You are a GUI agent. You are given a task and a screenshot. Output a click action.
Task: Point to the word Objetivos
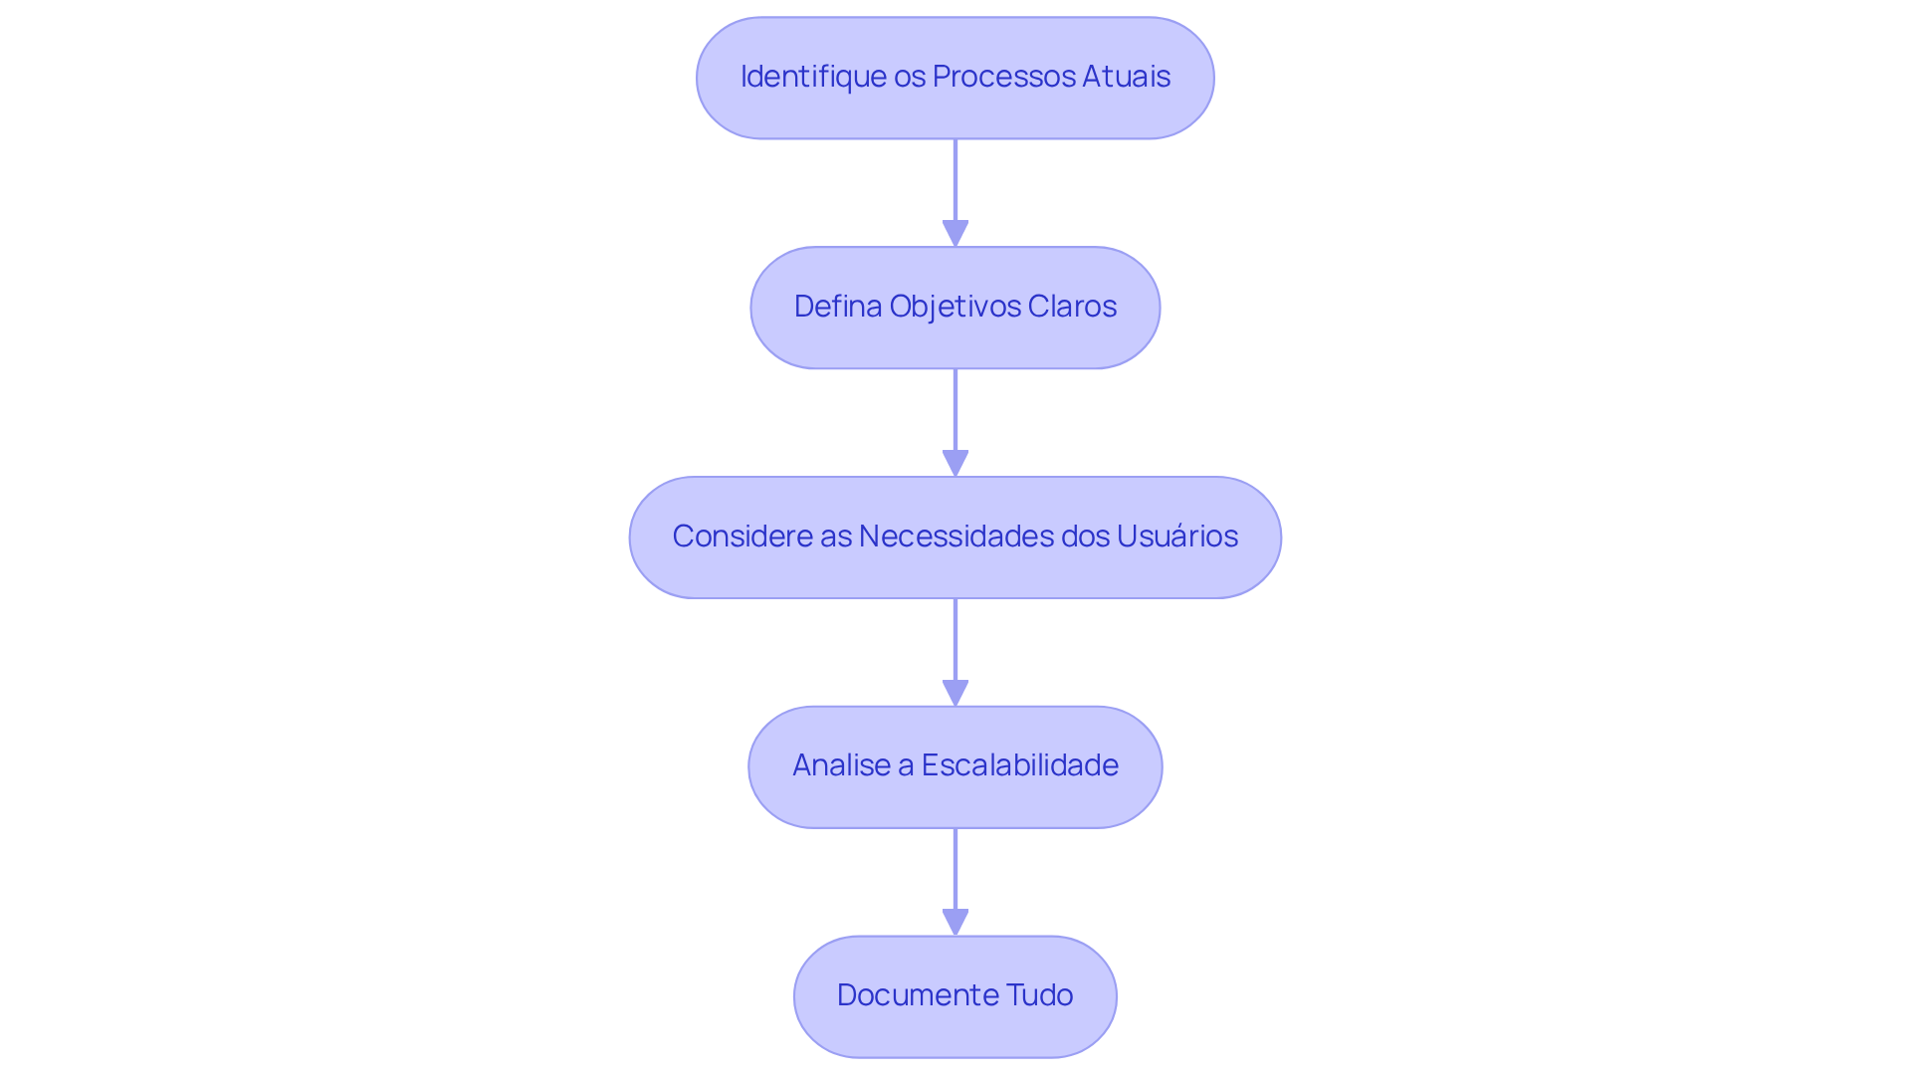pos(955,307)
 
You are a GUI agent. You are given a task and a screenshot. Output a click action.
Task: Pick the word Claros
pos(1072,307)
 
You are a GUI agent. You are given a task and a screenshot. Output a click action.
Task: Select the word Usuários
pos(1176,537)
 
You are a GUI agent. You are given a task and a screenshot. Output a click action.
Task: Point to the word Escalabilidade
pos(1019,765)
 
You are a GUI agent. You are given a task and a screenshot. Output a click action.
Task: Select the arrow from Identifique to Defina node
pos(955,184)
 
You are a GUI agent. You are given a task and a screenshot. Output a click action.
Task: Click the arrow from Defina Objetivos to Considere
pos(955,413)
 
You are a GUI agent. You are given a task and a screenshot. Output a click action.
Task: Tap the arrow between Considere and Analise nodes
pos(955,643)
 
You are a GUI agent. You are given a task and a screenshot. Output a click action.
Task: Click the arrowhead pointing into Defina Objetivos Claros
pos(955,234)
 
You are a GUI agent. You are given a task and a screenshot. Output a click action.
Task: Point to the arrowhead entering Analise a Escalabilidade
pos(955,694)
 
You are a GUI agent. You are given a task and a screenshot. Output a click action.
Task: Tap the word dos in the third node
pos(1085,537)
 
